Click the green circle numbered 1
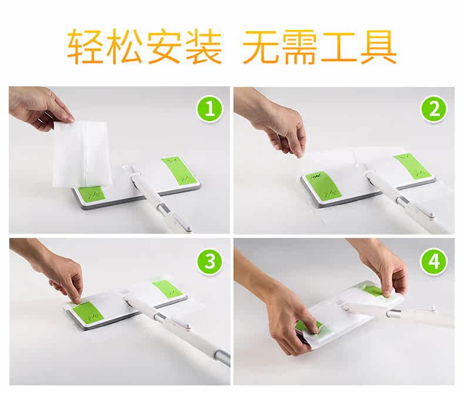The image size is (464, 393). [x=210, y=109]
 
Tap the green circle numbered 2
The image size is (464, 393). [x=434, y=109]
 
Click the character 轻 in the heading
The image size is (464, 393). [x=86, y=46]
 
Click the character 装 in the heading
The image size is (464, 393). [x=203, y=46]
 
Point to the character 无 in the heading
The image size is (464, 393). [x=261, y=46]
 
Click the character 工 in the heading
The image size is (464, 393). [x=339, y=48]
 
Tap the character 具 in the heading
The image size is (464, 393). [x=378, y=46]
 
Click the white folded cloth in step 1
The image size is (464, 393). [x=83, y=154]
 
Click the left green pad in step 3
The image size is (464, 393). [x=88, y=312]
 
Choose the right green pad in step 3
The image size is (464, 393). [x=168, y=290]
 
